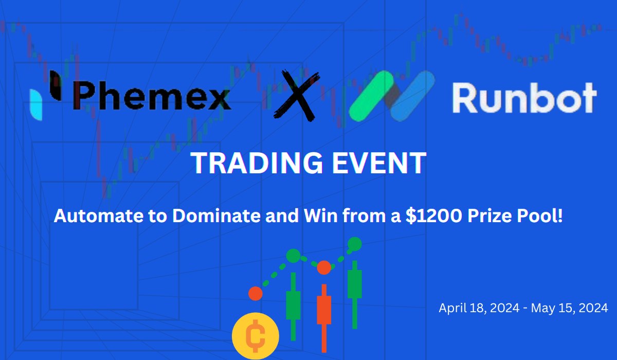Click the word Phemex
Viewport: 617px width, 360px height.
[152, 96]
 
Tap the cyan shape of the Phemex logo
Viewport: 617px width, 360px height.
[37, 105]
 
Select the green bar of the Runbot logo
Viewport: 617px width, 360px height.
[371, 96]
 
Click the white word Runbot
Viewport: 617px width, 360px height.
[524, 98]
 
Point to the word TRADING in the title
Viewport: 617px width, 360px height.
[257, 163]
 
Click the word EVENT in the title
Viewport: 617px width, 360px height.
[379, 163]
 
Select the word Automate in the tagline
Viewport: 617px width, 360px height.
[99, 215]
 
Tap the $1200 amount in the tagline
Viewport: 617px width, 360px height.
[433, 215]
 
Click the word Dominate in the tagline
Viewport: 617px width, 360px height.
[216, 215]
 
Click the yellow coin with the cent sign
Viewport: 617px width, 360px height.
[256, 336]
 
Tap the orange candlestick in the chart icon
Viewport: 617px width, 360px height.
[324, 318]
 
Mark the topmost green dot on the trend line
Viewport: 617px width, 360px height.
[354, 244]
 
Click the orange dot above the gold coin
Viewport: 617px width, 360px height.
[256, 294]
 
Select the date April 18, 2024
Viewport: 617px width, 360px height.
[479, 308]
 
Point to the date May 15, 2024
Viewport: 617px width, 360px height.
[569, 308]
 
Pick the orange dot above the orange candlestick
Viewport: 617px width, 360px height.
[324, 267]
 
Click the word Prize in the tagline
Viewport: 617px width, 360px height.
[489, 215]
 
